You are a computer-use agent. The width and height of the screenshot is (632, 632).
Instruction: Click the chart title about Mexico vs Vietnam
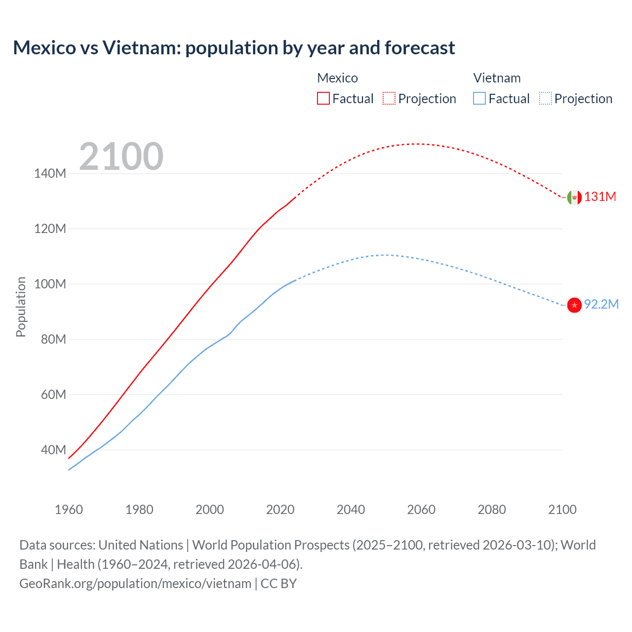point(234,48)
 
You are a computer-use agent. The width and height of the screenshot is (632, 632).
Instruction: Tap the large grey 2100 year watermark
point(121,157)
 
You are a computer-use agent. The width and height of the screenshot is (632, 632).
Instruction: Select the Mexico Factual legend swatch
point(323,98)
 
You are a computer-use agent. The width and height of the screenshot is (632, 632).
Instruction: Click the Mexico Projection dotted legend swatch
point(389,98)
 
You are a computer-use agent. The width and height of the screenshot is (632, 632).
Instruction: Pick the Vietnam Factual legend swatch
point(479,98)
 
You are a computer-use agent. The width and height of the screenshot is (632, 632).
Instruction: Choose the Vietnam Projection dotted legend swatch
point(545,98)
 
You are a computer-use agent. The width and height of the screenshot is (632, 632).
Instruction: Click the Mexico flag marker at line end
point(574,197)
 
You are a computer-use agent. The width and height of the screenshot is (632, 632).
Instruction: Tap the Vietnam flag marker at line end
point(574,305)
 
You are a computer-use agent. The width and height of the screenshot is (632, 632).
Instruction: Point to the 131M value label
point(600,197)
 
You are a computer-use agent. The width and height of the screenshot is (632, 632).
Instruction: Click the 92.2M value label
point(601,304)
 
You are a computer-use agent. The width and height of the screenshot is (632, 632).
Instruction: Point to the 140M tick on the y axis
point(50,173)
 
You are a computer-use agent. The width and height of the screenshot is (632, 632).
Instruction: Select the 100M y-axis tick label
point(50,284)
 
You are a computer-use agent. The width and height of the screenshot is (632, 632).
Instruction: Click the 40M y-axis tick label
point(53,450)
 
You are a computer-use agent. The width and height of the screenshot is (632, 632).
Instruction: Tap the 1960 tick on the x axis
point(69,510)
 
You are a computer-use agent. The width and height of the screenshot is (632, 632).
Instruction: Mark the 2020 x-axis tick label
point(280,510)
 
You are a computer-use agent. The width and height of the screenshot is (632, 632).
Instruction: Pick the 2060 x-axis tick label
point(421,510)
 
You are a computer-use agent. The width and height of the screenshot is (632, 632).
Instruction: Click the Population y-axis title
point(21,307)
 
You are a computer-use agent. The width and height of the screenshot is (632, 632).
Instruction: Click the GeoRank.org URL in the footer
point(135,584)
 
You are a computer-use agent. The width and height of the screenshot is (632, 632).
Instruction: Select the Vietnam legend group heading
point(497,78)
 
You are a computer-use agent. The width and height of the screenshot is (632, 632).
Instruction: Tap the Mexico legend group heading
point(337,78)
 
